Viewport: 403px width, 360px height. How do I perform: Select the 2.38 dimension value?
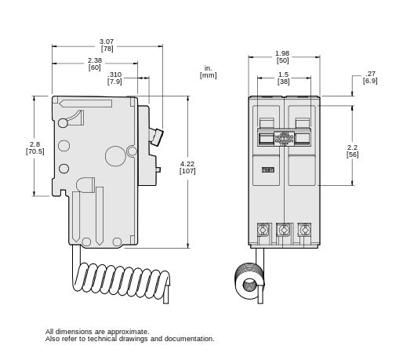pyautogui.click(x=94, y=60)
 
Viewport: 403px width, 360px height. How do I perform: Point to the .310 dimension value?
pyautogui.click(x=114, y=75)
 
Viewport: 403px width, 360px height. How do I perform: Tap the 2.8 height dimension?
pyautogui.click(x=34, y=144)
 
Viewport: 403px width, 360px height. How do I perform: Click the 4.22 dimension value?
pyautogui.click(x=187, y=163)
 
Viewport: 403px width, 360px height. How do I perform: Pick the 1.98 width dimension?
pyautogui.click(x=282, y=53)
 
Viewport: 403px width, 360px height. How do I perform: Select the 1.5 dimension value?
pyautogui.click(x=282, y=75)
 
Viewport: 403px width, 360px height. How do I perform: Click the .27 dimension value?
pyautogui.click(x=370, y=74)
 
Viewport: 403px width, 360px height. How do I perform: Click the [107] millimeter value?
pyautogui.click(x=187, y=170)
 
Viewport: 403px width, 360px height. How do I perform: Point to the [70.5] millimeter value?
pyautogui.click(x=34, y=151)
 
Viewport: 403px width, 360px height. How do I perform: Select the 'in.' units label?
pyautogui.click(x=208, y=68)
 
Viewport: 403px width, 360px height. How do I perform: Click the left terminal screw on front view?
pyautogui.click(x=263, y=230)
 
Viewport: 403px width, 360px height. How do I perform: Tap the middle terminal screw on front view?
pyautogui.click(x=284, y=230)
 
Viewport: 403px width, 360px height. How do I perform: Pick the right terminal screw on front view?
pyautogui.click(x=304, y=230)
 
